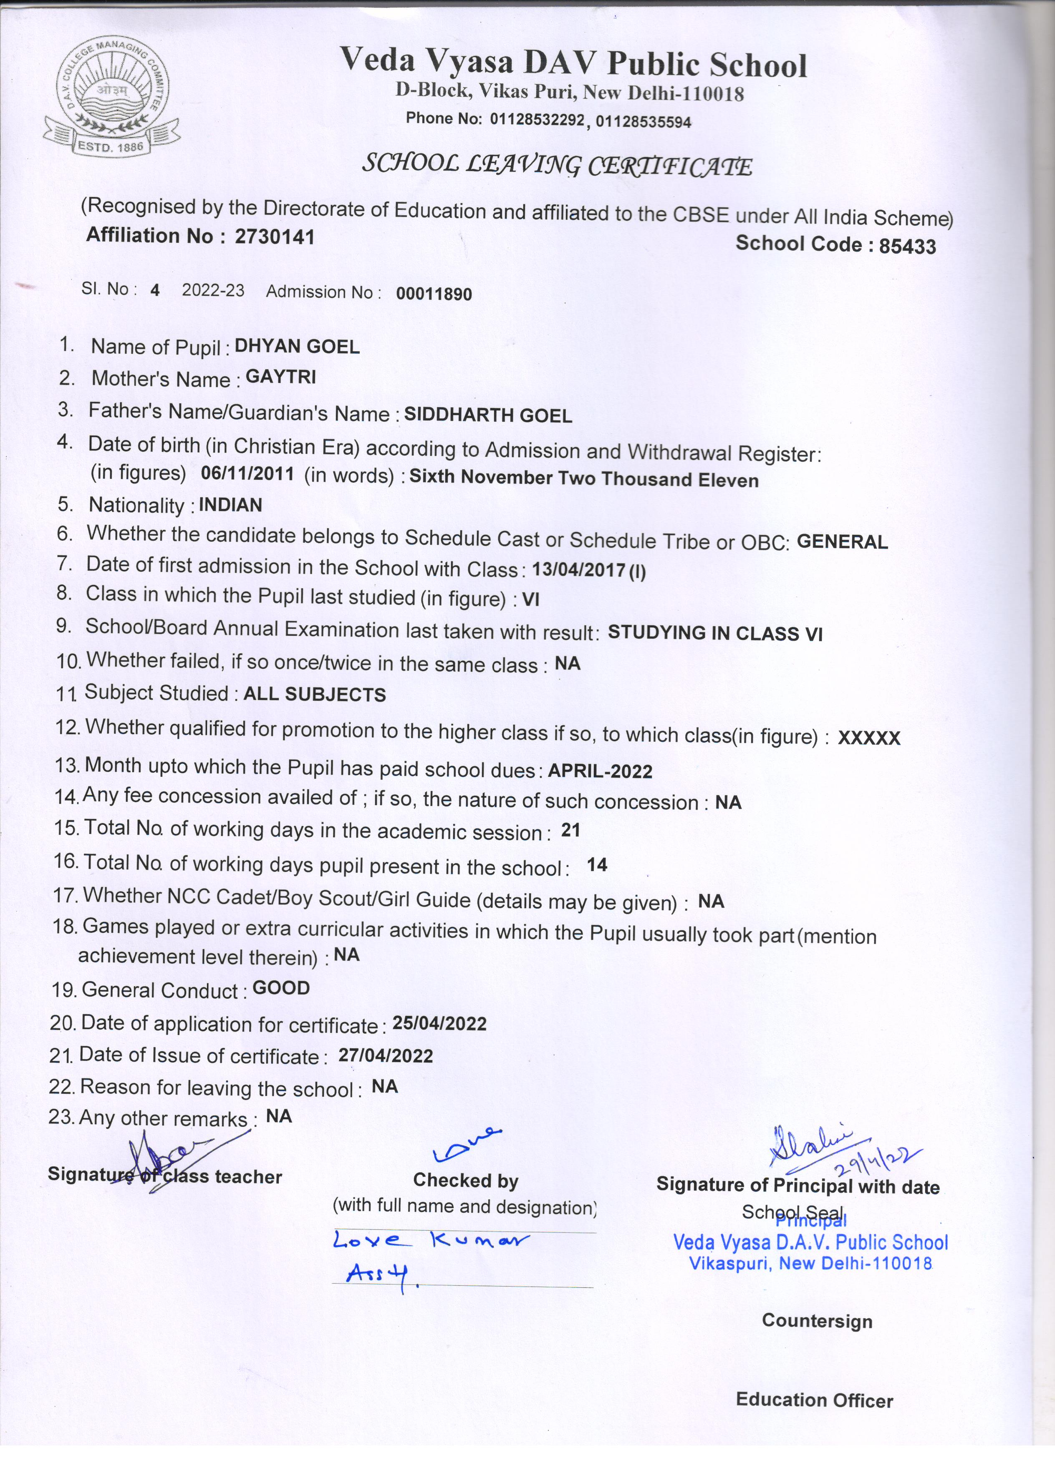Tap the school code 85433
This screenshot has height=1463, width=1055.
[907, 246]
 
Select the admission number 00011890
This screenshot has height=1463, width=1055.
[434, 294]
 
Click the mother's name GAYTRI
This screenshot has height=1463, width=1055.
[281, 377]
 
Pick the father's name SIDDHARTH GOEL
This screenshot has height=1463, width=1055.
[488, 415]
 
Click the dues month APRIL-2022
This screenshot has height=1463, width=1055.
[600, 771]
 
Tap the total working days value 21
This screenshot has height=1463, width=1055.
[570, 830]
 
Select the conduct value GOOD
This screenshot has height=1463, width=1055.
[281, 988]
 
